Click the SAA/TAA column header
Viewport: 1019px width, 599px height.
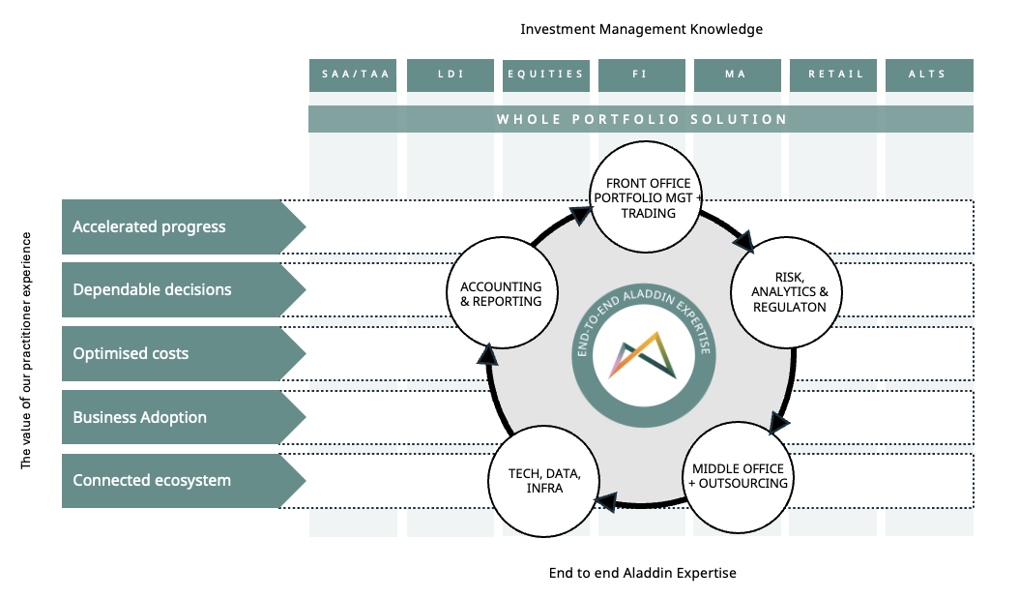click(353, 75)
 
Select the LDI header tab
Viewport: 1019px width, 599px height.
click(451, 75)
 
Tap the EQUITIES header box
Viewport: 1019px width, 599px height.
click(545, 75)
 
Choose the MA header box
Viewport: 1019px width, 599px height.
click(736, 75)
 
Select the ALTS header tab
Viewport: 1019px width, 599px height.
click(928, 75)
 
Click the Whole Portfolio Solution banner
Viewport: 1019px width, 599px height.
click(641, 119)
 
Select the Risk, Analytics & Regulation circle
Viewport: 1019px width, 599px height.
click(795, 292)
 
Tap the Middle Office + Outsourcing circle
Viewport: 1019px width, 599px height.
click(739, 476)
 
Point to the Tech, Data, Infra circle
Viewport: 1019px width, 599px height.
click(545, 481)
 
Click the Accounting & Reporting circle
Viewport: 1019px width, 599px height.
click(501, 294)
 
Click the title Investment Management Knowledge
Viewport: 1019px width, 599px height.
click(641, 29)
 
